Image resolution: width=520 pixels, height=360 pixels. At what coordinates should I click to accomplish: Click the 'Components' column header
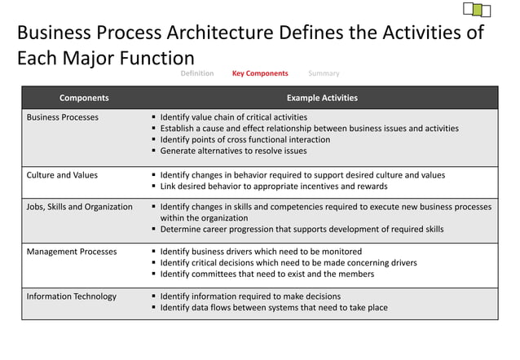pos(84,98)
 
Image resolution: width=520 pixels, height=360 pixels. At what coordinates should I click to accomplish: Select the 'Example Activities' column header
pos(322,98)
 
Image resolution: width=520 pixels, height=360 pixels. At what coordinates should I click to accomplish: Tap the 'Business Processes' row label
pos(63,117)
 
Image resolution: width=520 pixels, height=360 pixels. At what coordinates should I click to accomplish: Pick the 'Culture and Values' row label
pos(62,175)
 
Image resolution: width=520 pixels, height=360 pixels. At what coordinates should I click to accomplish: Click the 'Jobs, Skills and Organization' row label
pos(80,207)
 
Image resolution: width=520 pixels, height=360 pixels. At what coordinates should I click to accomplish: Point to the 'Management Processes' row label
pos(72,252)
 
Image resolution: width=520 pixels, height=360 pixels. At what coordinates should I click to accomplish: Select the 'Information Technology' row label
pos(72,296)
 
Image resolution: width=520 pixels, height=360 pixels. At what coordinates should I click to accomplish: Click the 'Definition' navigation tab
pos(197,73)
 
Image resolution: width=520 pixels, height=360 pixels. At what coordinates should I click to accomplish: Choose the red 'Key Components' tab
pos(260,73)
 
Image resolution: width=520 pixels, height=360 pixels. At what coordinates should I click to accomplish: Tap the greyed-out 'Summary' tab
pos(324,73)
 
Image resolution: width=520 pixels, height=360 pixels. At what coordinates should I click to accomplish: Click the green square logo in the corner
pos(477,11)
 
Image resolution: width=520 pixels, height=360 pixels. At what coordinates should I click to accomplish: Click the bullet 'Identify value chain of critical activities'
pos(234,117)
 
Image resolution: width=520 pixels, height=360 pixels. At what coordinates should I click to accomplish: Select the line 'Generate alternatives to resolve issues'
pos(233,151)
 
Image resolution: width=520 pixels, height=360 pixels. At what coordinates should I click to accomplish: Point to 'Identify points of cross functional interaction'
pos(245,139)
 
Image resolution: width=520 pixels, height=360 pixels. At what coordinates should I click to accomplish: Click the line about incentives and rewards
pos(274,187)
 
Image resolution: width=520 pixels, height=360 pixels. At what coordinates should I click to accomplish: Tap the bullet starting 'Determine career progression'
pos(302,230)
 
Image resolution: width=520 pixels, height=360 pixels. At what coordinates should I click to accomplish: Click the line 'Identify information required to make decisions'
pos(250,296)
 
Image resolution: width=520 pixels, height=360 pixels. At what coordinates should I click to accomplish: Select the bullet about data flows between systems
pos(274,308)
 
